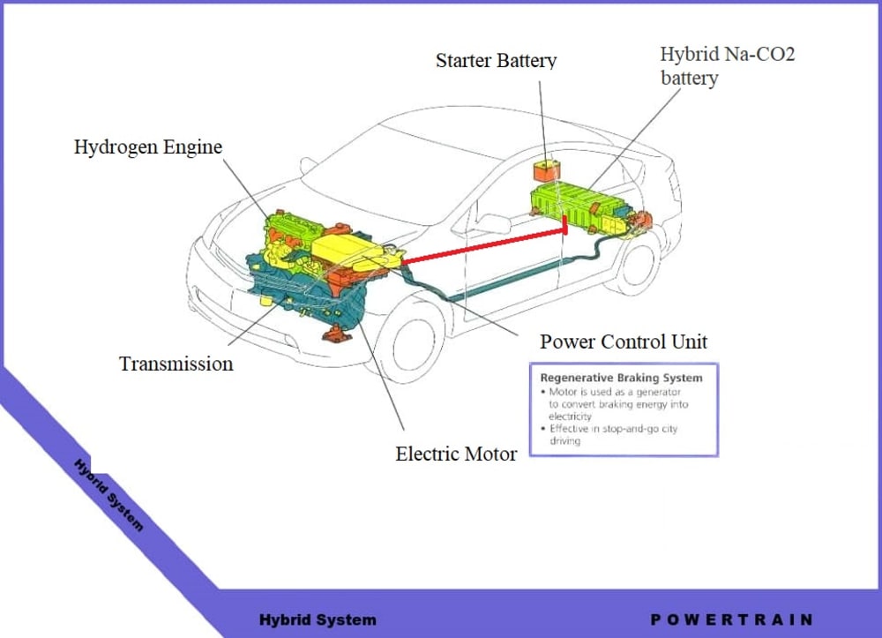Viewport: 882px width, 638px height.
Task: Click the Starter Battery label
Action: (496, 61)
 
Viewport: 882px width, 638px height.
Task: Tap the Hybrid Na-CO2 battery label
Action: (727, 65)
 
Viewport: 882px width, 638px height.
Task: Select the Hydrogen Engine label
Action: (147, 146)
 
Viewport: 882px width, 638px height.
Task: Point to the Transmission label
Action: (176, 364)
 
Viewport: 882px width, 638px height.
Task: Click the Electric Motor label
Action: (456, 454)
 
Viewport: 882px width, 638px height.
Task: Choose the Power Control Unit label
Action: (624, 342)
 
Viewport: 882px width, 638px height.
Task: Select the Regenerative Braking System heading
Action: (621, 378)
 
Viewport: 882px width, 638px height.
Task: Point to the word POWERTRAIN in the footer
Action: (731, 619)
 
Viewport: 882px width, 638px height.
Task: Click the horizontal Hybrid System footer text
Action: (318, 619)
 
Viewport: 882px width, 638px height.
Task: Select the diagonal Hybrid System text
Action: (108, 494)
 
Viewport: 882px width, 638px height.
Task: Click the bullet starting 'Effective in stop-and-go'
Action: (612, 435)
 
